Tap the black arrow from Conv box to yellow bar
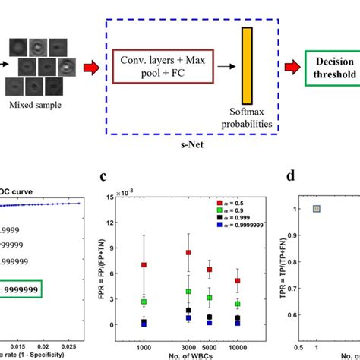coord(224,66)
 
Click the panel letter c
coord(111,178)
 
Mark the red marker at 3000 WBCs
coord(188,252)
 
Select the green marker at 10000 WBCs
coord(239,304)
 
